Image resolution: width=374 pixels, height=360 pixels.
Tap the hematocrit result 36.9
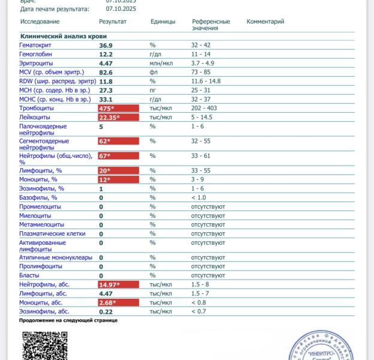pyautogui.click(x=105, y=46)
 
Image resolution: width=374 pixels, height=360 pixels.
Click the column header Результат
pyautogui.click(x=113, y=22)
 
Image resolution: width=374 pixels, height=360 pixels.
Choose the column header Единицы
pyautogui.click(x=162, y=22)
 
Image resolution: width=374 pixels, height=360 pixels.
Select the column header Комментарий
pyautogui.click(x=265, y=22)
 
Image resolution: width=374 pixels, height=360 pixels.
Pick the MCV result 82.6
pyautogui.click(x=105, y=72)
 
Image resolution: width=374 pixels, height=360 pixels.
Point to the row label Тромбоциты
pyautogui.click(x=37, y=108)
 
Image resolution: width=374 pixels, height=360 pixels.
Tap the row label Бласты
pyautogui.click(x=30, y=275)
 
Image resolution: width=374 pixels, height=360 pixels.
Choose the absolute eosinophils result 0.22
pyautogui.click(x=105, y=311)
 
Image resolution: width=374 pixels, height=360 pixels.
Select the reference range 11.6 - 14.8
pyautogui.click(x=206, y=81)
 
